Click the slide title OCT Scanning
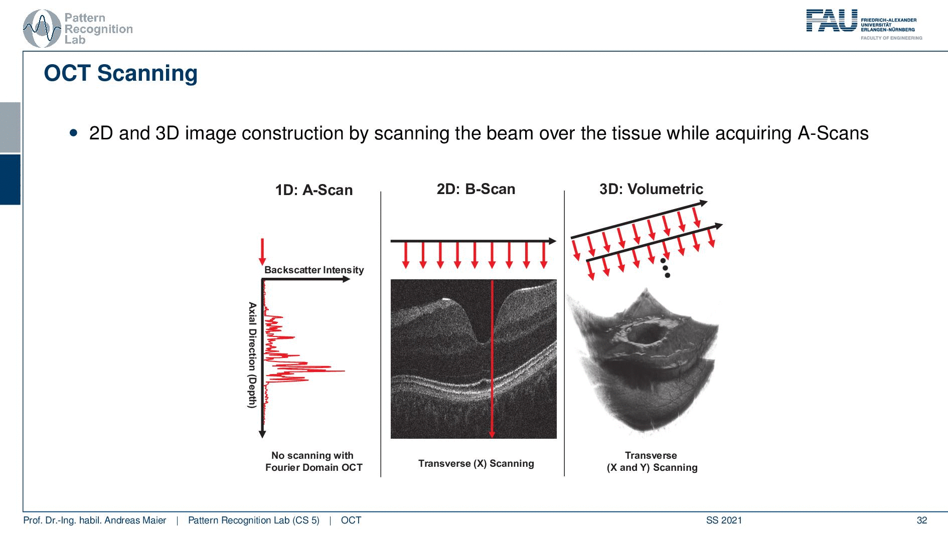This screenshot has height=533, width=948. pyautogui.click(x=121, y=73)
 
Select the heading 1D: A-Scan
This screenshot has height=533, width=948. pyautogui.click(x=314, y=190)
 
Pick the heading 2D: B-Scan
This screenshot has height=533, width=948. pyautogui.click(x=476, y=189)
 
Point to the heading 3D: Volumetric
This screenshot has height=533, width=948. pyautogui.click(x=651, y=189)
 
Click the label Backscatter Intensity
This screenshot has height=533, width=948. pyautogui.click(x=314, y=270)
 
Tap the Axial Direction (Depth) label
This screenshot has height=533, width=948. pyautogui.click(x=252, y=355)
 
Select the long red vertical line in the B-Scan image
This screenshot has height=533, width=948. pyautogui.click(x=492, y=359)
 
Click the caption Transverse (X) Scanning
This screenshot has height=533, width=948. pyautogui.click(x=476, y=463)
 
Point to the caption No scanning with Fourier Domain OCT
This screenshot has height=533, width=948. pyautogui.click(x=313, y=461)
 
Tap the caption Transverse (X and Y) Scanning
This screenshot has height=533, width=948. pyautogui.click(x=652, y=461)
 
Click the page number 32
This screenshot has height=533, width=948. pyautogui.click(x=922, y=520)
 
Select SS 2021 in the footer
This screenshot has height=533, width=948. pyautogui.click(x=724, y=520)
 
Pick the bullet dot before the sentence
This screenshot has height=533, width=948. pyautogui.click(x=74, y=133)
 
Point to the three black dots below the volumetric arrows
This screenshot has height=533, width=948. pyautogui.click(x=665, y=268)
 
